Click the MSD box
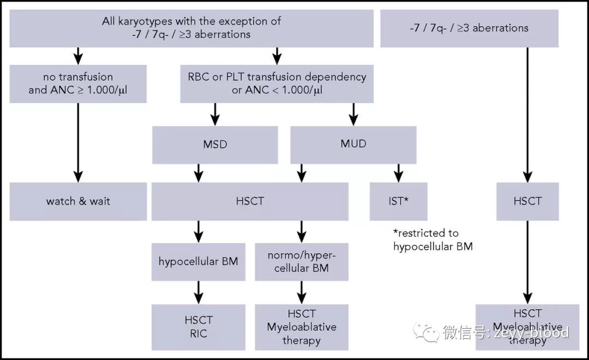(x=214, y=145)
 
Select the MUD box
(x=353, y=145)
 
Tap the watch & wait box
(x=78, y=201)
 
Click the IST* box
(x=398, y=201)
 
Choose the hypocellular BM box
(x=198, y=261)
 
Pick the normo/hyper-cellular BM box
(x=301, y=261)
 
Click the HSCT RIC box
(x=198, y=326)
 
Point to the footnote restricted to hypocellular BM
(x=432, y=239)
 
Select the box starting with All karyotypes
(x=191, y=28)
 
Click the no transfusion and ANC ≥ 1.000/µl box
(x=78, y=83)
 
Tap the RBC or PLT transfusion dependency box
(x=277, y=83)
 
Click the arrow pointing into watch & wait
(x=78, y=142)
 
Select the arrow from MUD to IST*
(x=399, y=173)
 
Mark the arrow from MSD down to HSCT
(x=199, y=173)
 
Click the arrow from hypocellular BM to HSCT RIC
(x=199, y=292)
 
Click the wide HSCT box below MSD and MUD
(x=250, y=201)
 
